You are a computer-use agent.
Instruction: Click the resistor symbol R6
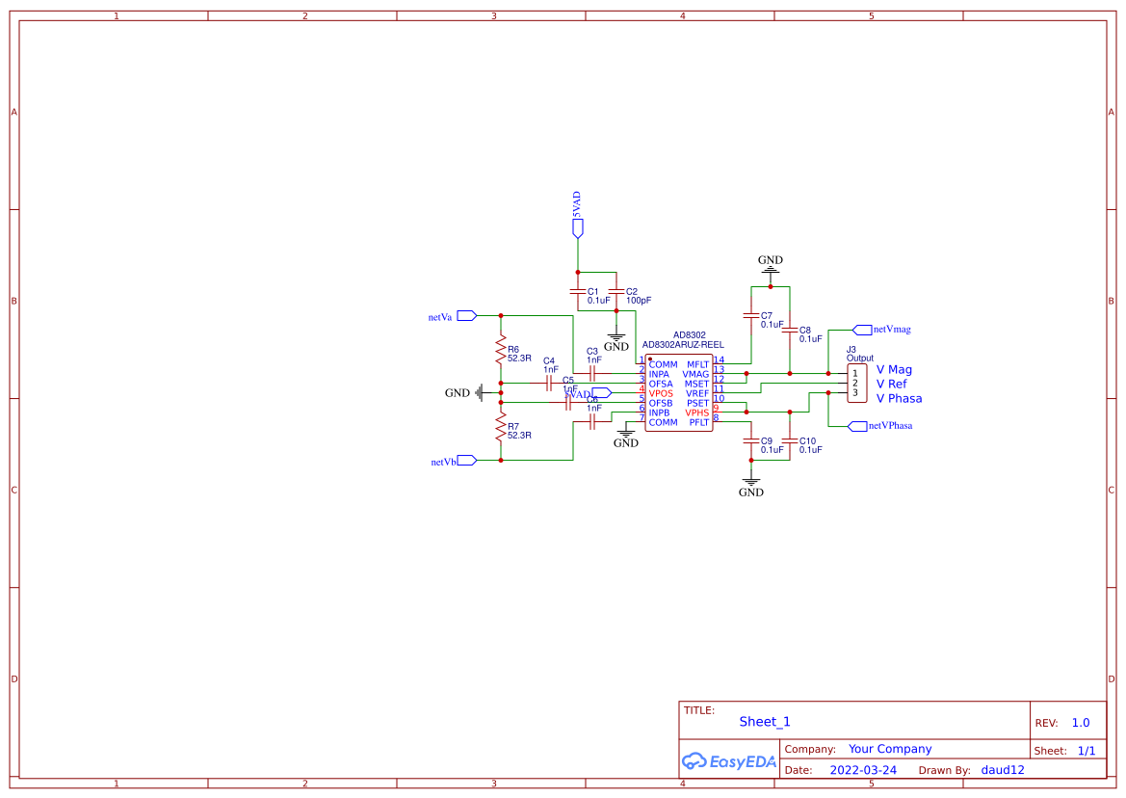click(x=501, y=350)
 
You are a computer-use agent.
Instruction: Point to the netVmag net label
click(x=891, y=329)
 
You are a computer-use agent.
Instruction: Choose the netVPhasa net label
click(x=890, y=425)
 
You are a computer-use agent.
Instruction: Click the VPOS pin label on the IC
click(x=661, y=393)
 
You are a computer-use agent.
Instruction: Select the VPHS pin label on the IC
click(x=697, y=412)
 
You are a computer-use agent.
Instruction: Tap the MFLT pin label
click(x=697, y=364)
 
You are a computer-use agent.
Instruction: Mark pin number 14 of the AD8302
click(x=719, y=360)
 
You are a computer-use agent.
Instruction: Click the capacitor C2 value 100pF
click(x=639, y=301)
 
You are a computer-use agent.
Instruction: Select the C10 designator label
click(x=808, y=440)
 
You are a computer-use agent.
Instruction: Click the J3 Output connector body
click(x=856, y=384)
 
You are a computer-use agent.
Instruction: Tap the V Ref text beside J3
click(x=891, y=384)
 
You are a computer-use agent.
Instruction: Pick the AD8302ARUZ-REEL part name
click(x=683, y=344)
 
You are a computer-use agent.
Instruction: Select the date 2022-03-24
click(x=863, y=770)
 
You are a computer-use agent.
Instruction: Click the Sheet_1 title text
click(x=765, y=722)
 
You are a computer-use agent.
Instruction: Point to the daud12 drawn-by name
click(x=1003, y=770)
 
